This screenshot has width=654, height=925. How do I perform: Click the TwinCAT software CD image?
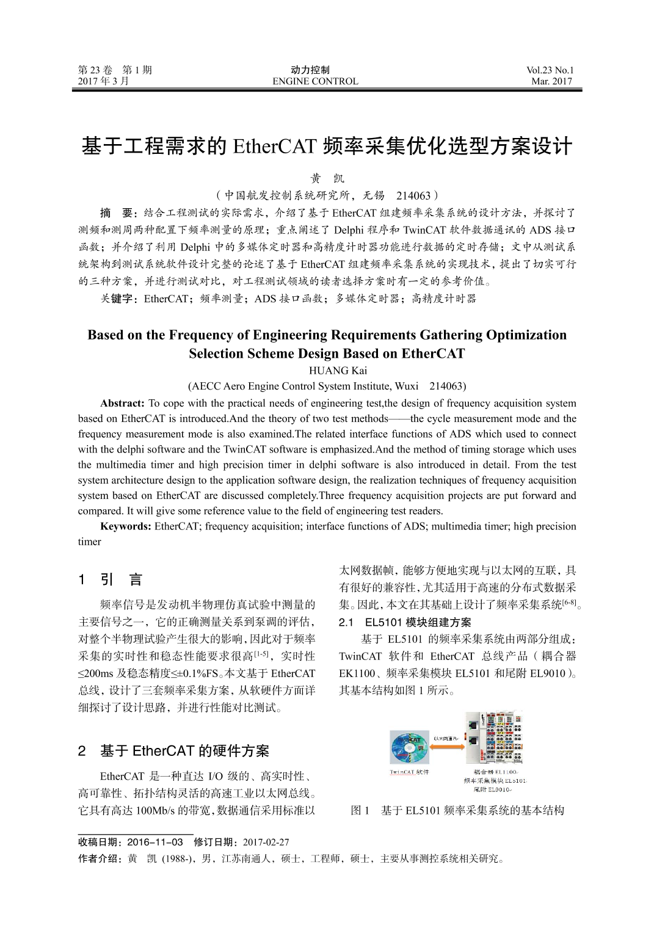(x=409, y=747)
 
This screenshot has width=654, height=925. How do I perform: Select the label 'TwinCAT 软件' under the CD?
(x=409, y=772)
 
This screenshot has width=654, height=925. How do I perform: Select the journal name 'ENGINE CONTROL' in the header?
(x=315, y=81)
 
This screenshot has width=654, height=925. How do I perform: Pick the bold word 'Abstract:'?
(x=122, y=403)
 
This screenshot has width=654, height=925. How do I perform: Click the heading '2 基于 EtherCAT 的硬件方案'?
(x=173, y=750)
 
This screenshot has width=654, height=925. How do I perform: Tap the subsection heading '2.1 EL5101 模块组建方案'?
(x=405, y=623)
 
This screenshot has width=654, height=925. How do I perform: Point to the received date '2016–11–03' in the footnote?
(x=155, y=843)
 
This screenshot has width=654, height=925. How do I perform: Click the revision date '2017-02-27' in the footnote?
(x=266, y=843)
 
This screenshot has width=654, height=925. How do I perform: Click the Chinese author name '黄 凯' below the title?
(x=327, y=179)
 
